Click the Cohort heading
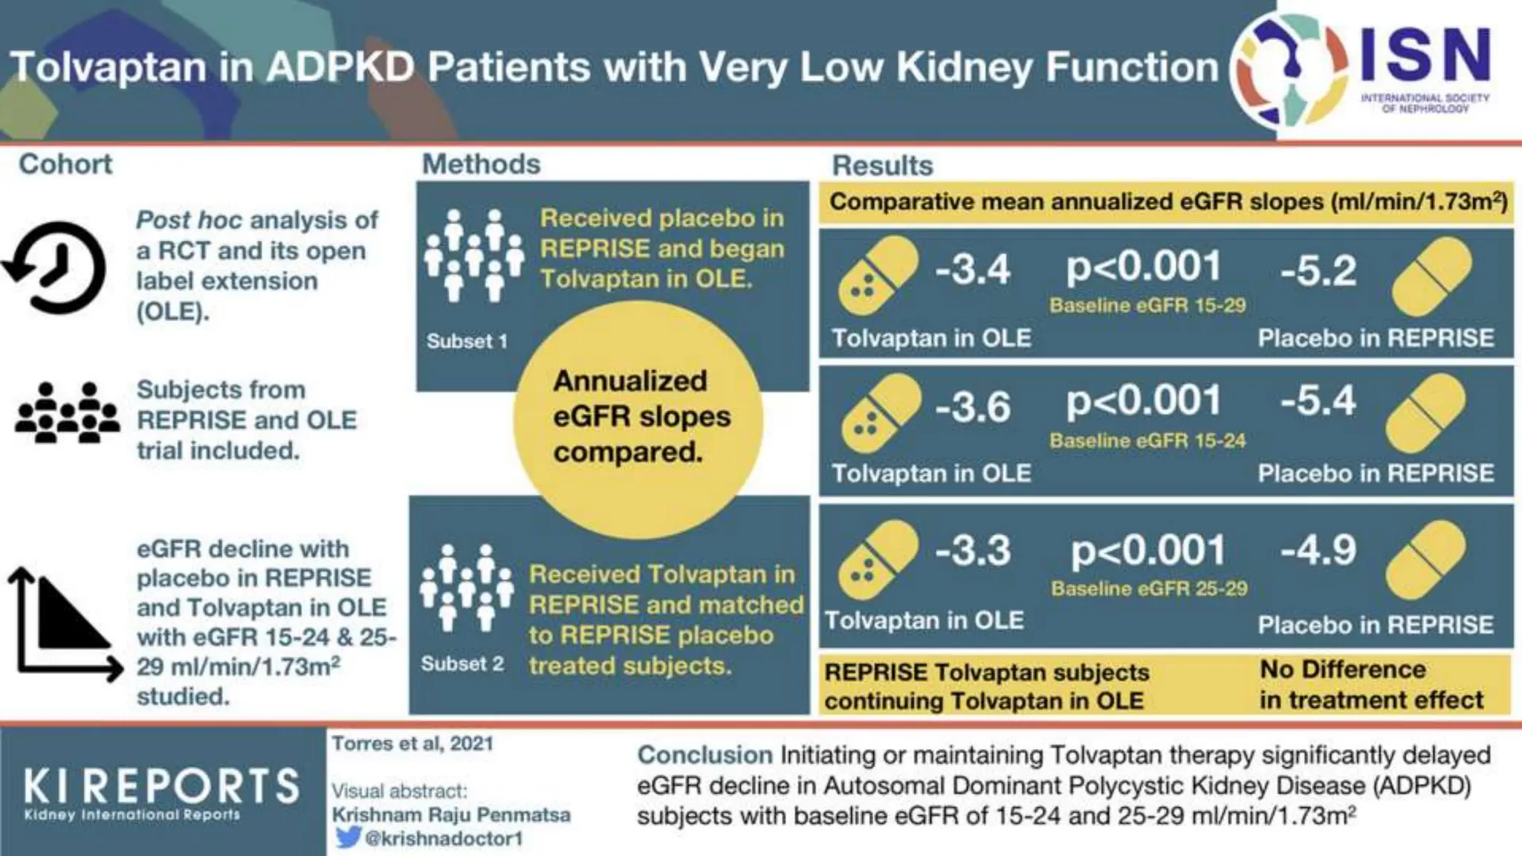tap(65, 164)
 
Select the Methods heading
tap(481, 164)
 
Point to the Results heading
tap(882, 166)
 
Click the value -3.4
tap(972, 269)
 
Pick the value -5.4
tap(1318, 401)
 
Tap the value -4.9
tap(1318, 551)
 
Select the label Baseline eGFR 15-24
tap(1147, 441)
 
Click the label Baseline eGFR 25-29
tap(1149, 589)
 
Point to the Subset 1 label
tap(467, 342)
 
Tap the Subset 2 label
tap(462, 664)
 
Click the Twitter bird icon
tap(347, 838)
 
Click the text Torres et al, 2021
tap(412, 744)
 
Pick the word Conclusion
tap(705, 755)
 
